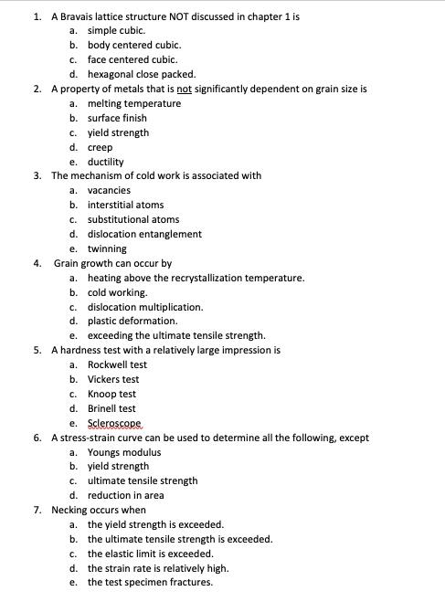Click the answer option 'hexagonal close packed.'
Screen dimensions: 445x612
pyautogui.click(x=141, y=74)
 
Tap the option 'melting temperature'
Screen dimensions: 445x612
pyautogui.click(x=133, y=103)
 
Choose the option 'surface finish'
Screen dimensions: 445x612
pyautogui.click(x=117, y=118)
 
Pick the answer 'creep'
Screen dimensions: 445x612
pyautogui.click(x=100, y=147)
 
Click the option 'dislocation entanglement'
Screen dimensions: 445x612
pyautogui.click(x=144, y=234)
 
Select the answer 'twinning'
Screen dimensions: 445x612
pyautogui.click(x=107, y=248)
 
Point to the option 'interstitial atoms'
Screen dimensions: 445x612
pyautogui.click(x=125, y=205)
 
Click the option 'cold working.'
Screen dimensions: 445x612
pyautogui.click(x=117, y=292)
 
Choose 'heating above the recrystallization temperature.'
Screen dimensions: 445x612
pyautogui.click(x=196, y=278)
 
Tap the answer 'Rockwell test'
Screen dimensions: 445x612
pyautogui.click(x=117, y=364)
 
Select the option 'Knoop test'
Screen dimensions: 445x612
pyautogui.click(x=111, y=394)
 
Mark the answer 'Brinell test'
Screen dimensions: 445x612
pyautogui.click(x=111, y=408)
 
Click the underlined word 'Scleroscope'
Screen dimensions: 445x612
pyautogui.click(x=115, y=423)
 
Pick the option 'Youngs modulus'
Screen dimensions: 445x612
pyautogui.click(x=124, y=452)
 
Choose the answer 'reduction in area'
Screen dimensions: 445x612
pyautogui.click(x=126, y=495)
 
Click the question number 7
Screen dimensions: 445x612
pyautogui.click(x=37, y=510)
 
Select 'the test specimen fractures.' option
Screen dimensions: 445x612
pyautogui.click(x=150, y=582)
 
